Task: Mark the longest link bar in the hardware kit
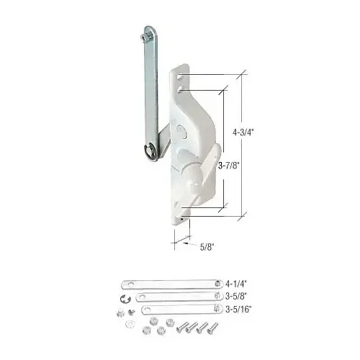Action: pyautogui.click(x=167, y=284)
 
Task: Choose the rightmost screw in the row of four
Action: pyautogui.click(x=213, y=327)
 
